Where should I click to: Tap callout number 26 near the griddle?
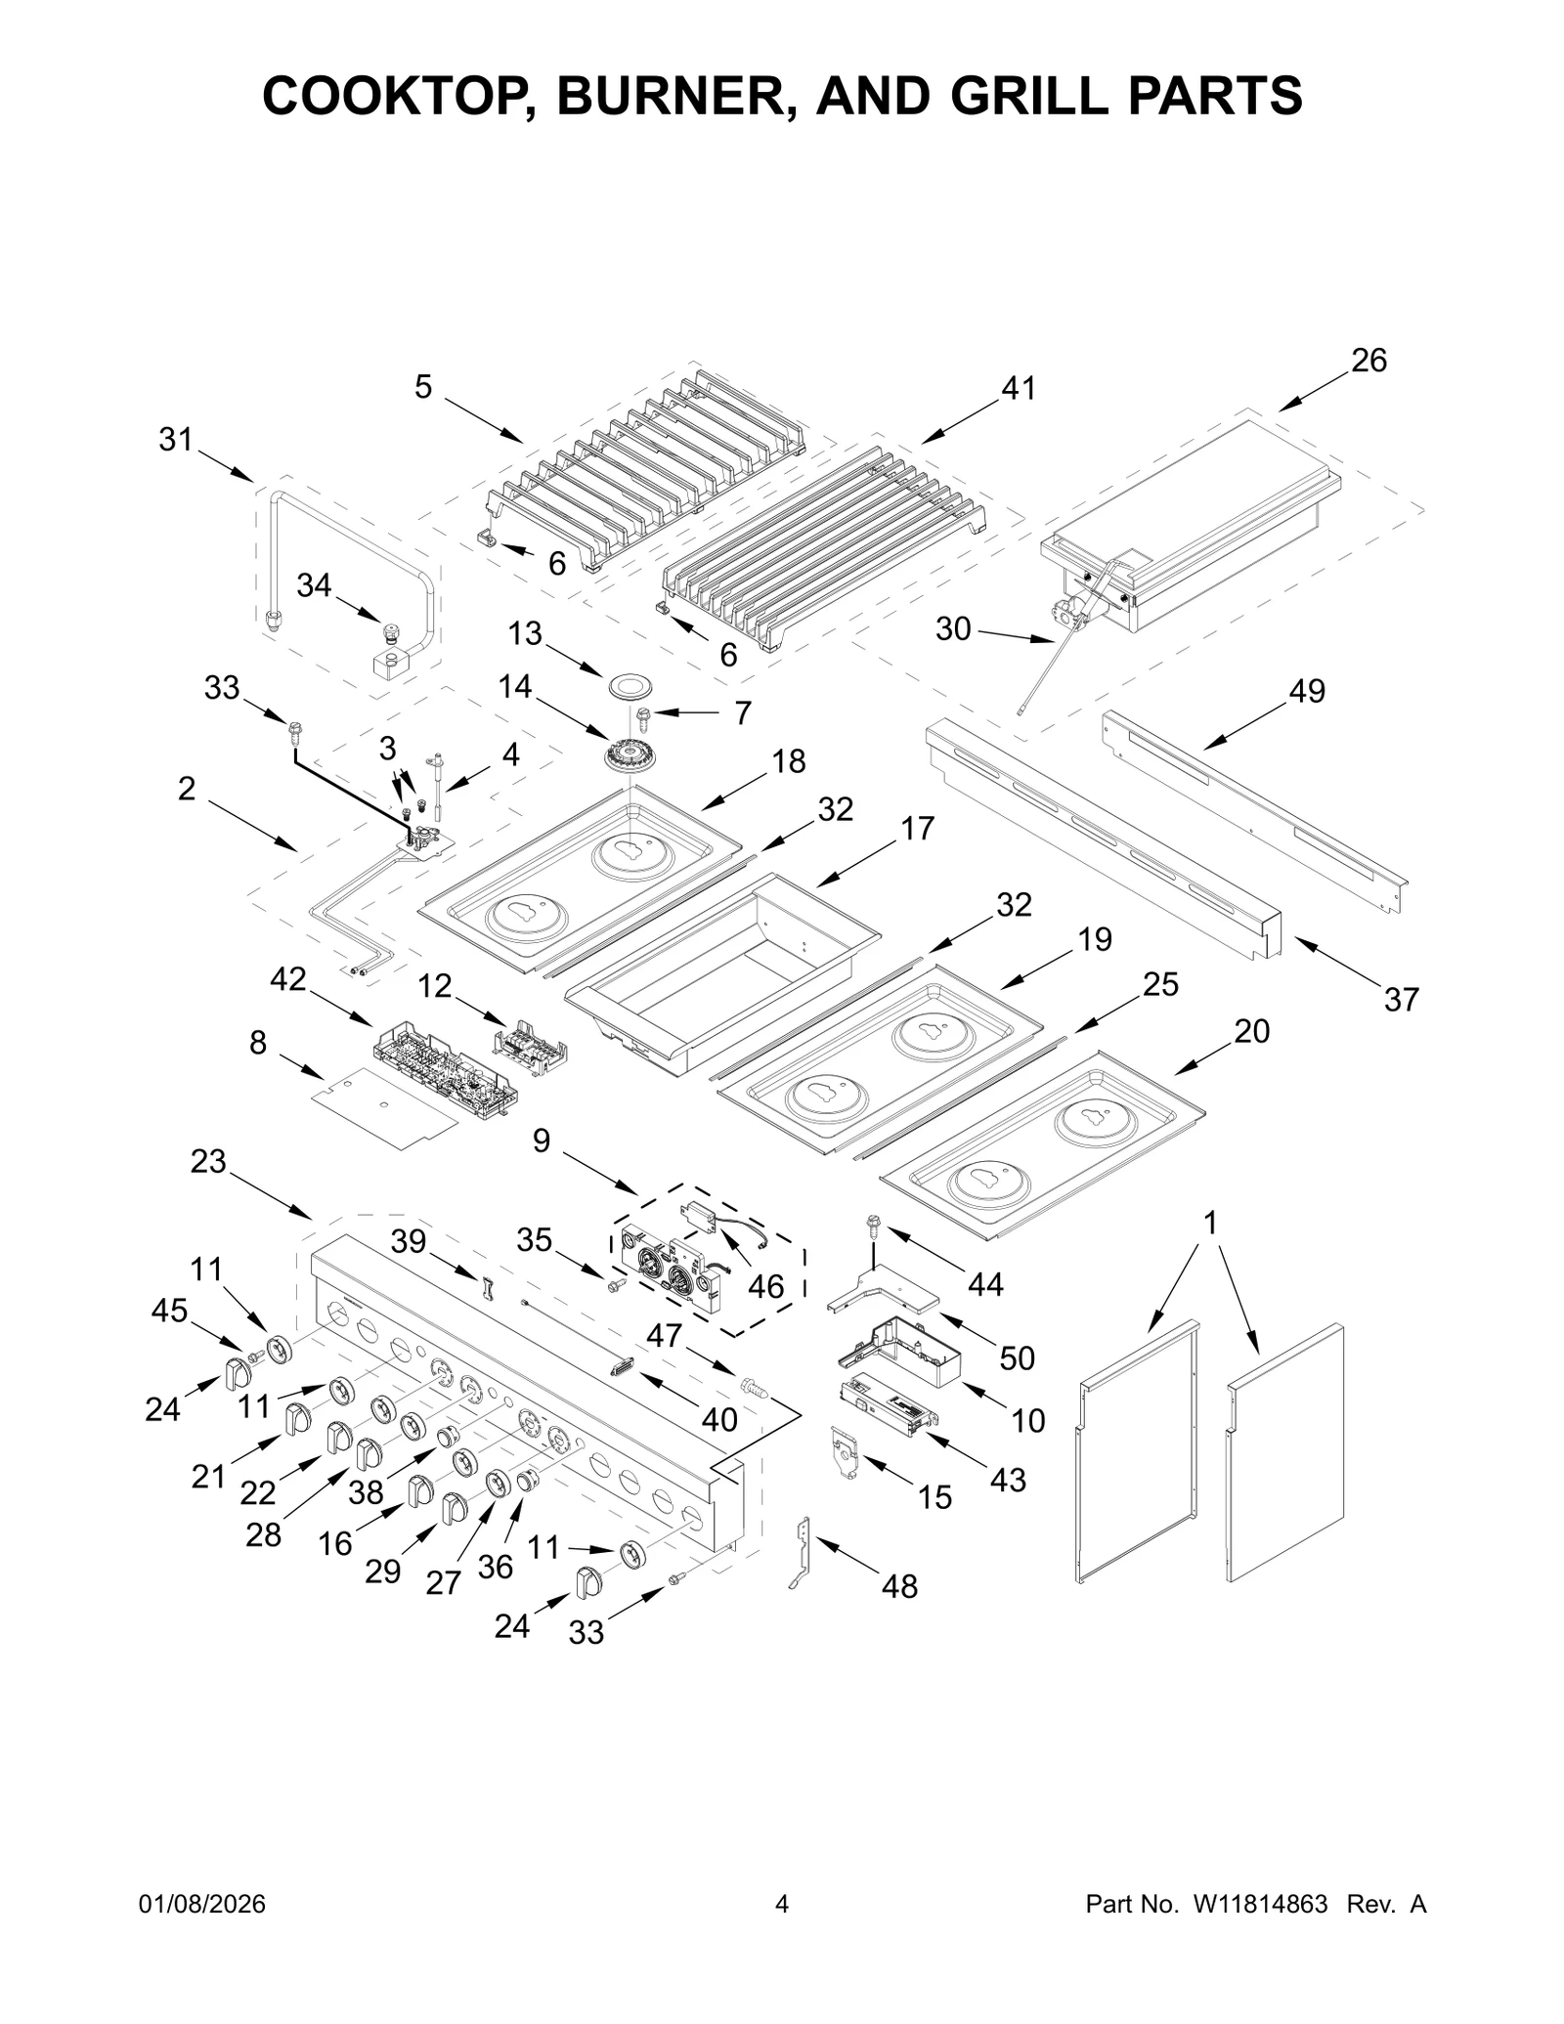pos(1368,361)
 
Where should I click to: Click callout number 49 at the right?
pos(1307,691)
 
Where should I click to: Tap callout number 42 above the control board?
pos(288,978)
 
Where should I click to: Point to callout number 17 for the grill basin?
pos(917,828)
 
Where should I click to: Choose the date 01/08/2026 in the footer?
pos(202,1931)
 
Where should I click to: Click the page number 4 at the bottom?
pos(781,1931)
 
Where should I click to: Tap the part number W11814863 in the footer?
pos(1260,1931)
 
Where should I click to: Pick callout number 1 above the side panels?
pos(1210,1223)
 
